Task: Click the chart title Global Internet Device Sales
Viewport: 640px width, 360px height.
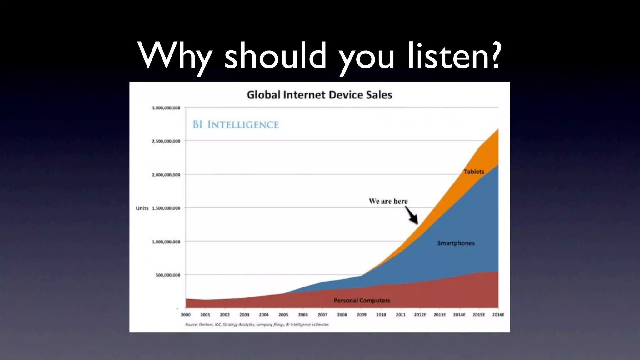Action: point(319,95)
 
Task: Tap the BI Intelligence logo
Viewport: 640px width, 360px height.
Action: point(236,124)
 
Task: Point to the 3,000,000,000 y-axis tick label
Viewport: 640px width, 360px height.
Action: point(166,108)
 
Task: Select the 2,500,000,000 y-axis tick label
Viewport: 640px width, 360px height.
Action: point(166,141)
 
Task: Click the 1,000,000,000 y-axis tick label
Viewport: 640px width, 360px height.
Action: point(166,242)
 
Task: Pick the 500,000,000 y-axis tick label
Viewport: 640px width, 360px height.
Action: point(168,275)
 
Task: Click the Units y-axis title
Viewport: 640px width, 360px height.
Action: point(142,208)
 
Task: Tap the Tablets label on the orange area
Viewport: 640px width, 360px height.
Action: point(474,172)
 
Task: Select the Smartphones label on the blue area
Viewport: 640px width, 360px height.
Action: point(456,243)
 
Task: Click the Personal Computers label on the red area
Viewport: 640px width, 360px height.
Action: point(362,300)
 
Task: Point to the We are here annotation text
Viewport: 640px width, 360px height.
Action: point(388,201)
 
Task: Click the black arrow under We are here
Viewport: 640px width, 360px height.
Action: point(412,216)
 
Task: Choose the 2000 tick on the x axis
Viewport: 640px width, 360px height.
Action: point(186,315)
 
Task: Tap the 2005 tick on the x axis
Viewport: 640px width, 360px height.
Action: point(283,315)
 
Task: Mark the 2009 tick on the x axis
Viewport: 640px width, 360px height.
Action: point(362,315)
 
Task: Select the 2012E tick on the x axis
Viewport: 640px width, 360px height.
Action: point(420,315)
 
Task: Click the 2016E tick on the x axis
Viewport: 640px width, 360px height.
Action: point(498,315)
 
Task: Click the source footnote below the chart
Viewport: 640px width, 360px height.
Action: point(257,325)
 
